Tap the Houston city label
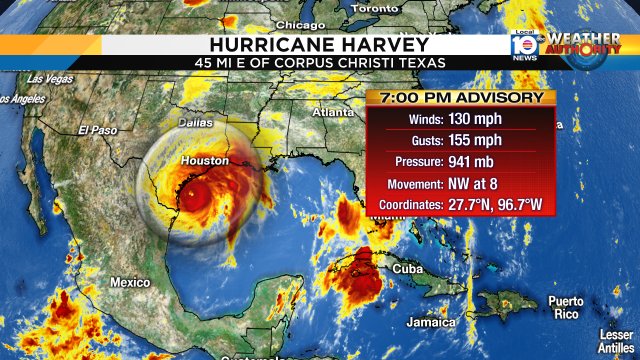[205, 161]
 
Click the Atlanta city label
[333, 112]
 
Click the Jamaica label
[431, 322]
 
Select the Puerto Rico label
[565, 307]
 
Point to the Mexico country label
[130, 282]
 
